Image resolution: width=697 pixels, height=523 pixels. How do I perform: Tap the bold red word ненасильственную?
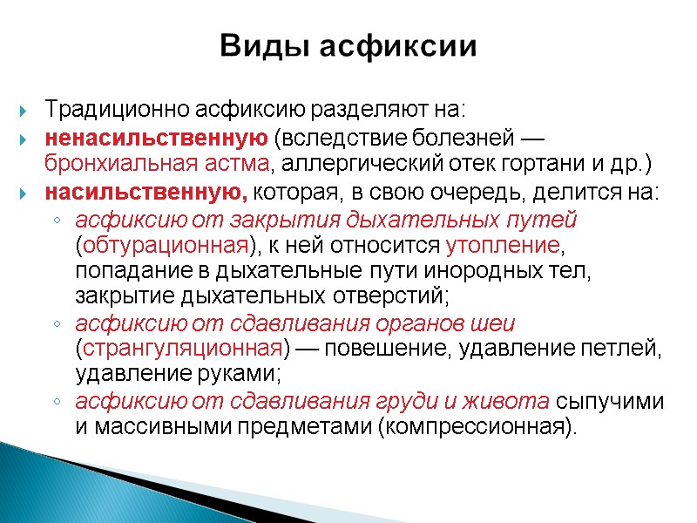(x=156, y=138)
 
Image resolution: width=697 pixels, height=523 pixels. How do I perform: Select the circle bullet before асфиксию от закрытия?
(x=57, y=220)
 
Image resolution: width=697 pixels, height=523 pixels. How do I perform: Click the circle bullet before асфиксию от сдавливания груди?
(x=57, y=403)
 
